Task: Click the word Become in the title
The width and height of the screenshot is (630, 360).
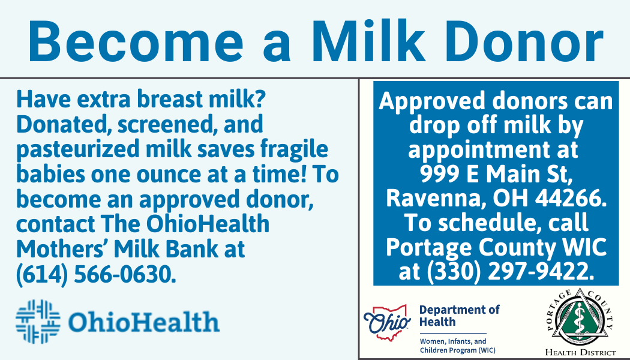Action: click(x=136, y=41)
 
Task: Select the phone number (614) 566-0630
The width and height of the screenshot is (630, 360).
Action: click(x=96, y=274)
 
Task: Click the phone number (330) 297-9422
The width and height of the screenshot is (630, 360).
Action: click(x=509, y=272)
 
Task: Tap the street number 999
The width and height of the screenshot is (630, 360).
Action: click(x=441, y=174)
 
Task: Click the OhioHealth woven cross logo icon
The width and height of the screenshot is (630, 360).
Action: click(x=38, y=322)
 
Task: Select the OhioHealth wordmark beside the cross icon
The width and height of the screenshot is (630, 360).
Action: click(x=143, y=322)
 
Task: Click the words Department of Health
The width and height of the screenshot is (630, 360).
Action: click(x=459, y=316)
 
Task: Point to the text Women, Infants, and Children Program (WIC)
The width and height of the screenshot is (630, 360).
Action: click(x=458, y=346)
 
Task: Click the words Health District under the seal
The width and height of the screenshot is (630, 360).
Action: click(x=580, y=352)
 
